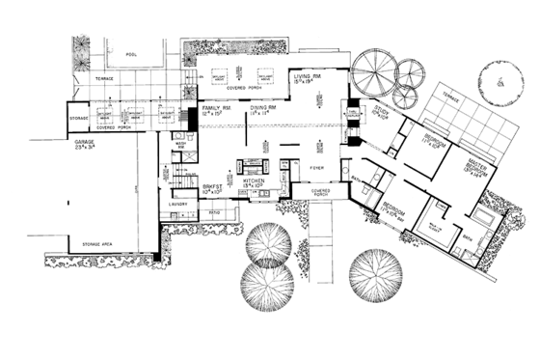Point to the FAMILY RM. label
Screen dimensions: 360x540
[214, 110]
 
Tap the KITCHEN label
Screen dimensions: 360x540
[254, 180]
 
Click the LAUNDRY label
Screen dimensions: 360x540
[176, 204]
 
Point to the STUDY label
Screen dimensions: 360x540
[382, 113]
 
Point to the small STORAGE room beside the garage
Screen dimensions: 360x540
[79, 117]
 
